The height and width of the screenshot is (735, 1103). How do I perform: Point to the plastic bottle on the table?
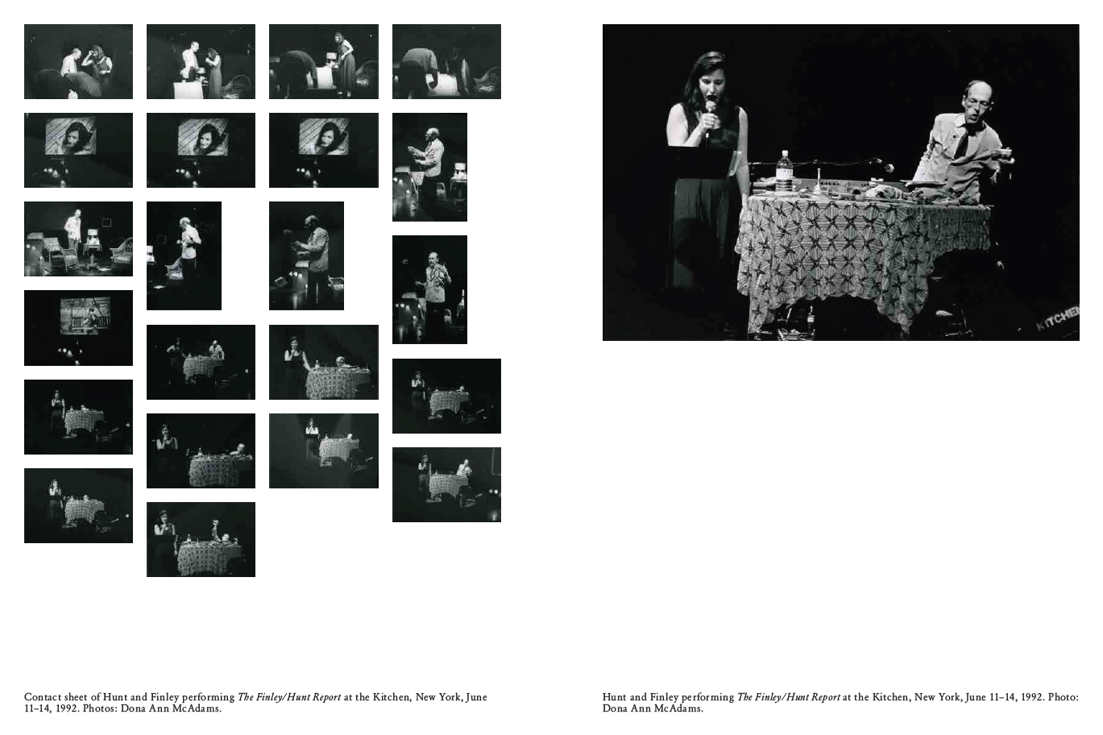point(785,172)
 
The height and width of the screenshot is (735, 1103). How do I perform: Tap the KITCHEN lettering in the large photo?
point(1057,318)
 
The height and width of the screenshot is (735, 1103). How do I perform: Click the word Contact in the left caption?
point(43,697)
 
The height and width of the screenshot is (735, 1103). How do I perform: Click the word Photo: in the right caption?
point(1063,697)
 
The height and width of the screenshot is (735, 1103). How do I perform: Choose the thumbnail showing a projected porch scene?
point(78,327)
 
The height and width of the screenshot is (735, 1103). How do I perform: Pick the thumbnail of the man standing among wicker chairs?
point(78,239)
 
